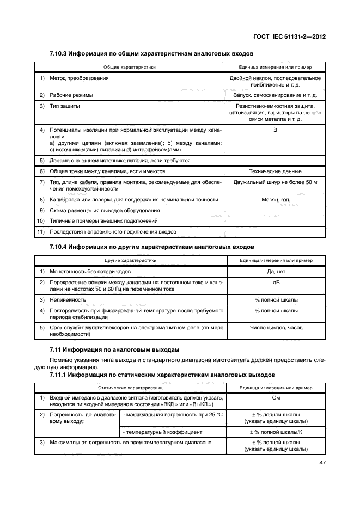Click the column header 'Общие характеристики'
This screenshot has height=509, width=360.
(x=130, y=67)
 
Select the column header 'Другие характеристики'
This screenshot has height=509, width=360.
(x=130, y=260)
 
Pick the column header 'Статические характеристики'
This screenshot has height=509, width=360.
(x=130, y=388)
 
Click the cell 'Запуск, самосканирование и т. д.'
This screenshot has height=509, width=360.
(x=276, y=95)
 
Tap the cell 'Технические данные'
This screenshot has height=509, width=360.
(x=276, y=171)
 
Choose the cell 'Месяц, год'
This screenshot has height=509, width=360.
(x=276, y=200)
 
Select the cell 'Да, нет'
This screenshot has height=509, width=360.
(x=276, y=271)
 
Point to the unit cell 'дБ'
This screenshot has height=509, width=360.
(x=276, y=282)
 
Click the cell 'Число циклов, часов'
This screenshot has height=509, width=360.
(x=276, y=328)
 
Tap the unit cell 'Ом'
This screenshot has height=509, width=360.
(x=276, y=398)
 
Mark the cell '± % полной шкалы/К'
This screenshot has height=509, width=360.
(x=276, y=432)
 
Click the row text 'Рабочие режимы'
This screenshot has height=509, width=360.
(x=71, y=95)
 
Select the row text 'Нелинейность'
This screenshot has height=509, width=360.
(x=68, y=299)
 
